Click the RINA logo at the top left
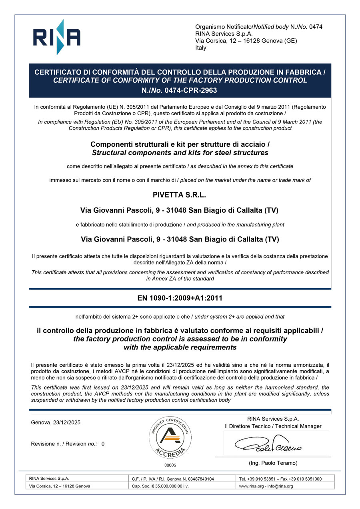tap(56, 37)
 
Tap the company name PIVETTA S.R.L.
tap(180, 195)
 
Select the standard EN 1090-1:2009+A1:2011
tap(180, 298)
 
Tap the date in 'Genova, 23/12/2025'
tap(66, 423)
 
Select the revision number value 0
tap(103, 444)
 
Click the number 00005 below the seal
tap(170, 465)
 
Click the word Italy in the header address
tap(201, 48)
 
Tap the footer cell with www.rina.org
tap(266, 486)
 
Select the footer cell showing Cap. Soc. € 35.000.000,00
tap(160, 486)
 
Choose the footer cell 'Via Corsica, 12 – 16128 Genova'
tap(60, 486)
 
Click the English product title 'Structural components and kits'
tap(180, 153)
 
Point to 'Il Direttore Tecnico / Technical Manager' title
tap(273, 426)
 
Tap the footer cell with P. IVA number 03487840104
tap(173, 479)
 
